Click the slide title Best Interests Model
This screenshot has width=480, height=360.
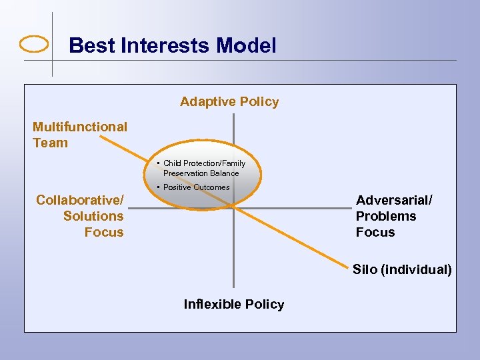[x=172, y=45]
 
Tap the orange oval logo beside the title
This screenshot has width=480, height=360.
[x=34, y=45]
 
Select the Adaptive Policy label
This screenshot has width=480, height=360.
[x=229, y=101]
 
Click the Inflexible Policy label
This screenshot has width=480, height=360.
[x=233, y=304]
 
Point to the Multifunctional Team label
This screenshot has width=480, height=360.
[x=79, y=134]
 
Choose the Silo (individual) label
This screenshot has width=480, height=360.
[x=401, y=269]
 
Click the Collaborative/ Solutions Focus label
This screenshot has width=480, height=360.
[x=80, y=216]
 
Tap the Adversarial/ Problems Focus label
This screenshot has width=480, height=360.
[x=393, y=216]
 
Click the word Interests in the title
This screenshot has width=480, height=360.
[x=169, y=45]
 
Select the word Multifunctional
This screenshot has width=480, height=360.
[x=79, y=127]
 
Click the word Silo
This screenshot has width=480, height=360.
[x=365, y=269]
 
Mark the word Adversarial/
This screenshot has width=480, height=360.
[x=393, y=200]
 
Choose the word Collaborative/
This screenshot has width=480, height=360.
[x=79, y=200]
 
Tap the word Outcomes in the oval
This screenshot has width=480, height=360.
[x=212, y=187]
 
